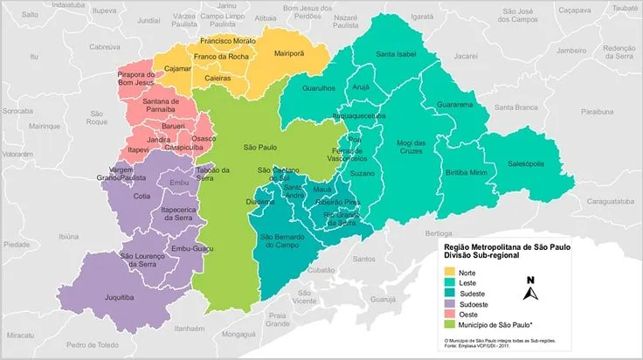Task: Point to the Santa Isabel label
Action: (x=396, y=54)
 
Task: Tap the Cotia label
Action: (x=142, y=197)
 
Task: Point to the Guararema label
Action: (x=455, y=104)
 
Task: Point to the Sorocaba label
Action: (x=17, y=112)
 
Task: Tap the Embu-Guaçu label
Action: (x=190, y=250)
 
